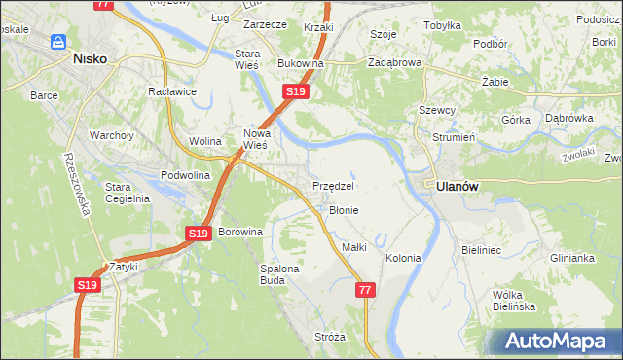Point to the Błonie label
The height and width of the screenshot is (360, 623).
click(x=344, y=210)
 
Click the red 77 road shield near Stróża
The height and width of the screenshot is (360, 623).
click(x=365, y=290)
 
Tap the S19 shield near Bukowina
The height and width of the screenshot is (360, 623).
click(x=297, y=91)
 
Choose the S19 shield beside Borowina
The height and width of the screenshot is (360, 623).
click(x=199, y=234)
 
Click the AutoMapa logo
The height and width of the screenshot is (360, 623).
click(x=556, y=341)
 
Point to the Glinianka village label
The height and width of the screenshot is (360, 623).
click(x=572, y=258)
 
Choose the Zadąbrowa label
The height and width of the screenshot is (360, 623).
click(x=394, y=61)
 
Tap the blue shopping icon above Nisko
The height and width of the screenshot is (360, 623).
click(x=58, y=42)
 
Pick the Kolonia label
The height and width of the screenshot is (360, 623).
click(x=403, y=258)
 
